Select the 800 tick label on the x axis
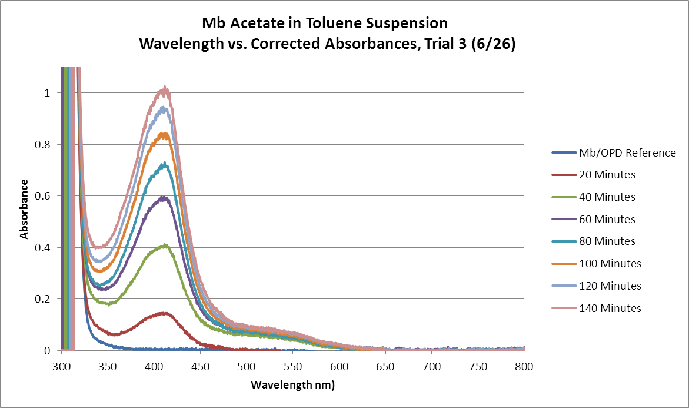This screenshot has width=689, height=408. pyautogui.click(x=524, y=367)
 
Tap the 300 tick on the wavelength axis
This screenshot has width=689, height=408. pyautogui.click(x=61, y=367)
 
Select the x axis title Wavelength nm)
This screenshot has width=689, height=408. pyautogui.click(x=292, y=385)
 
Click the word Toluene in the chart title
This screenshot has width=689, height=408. pyautogui.click(x=349, y=24)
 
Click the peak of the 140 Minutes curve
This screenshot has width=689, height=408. pyautogui.click(x=165, y=89)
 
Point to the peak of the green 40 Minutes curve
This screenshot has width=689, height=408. pyautogui.click(x=165, y=245)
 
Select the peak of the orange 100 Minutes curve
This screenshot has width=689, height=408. pyautogui.click(x=165, y=134)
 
